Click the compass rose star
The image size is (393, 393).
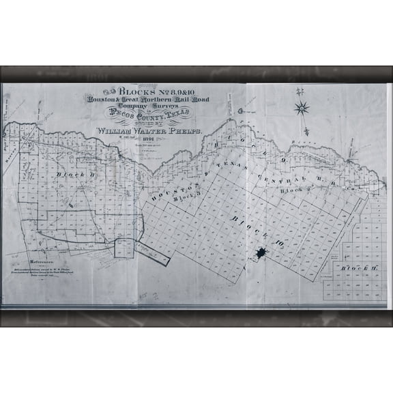coord(301,108)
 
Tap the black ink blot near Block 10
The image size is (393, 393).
coord(261,254)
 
